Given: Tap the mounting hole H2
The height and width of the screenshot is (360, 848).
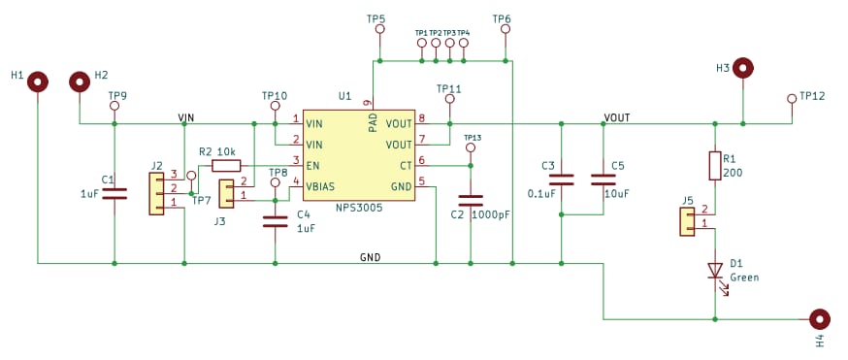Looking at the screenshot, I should coord(80,82).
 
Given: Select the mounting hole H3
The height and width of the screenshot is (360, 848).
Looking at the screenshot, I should coord(743,68).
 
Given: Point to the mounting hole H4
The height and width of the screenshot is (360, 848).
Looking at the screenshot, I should coord(820,319).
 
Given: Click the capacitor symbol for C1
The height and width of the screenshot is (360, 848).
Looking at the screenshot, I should coord(114,194).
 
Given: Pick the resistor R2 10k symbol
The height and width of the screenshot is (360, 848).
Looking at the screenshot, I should coord(225,165).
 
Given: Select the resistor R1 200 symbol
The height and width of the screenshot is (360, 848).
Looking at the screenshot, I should coord(715,166).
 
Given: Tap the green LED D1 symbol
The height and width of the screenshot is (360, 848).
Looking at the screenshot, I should coord(715,270).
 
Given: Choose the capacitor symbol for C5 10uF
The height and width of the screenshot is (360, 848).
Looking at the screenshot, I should coord(603,180).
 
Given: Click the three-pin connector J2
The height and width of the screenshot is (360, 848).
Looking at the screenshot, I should coord(156,193).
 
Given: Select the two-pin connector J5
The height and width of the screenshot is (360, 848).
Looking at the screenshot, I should coord(688,222).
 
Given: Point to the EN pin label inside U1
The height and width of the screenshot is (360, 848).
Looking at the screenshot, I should coord(312,165).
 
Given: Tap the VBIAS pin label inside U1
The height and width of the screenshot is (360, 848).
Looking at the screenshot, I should coord(321,186).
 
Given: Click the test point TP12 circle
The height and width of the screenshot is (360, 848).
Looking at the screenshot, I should coord(792,98).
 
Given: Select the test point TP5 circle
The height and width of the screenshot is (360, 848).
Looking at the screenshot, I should coord(379,30).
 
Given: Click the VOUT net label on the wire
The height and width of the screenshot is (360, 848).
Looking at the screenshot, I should coord(616,117).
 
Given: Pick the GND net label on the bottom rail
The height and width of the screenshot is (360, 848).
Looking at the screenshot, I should coord(370,257).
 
